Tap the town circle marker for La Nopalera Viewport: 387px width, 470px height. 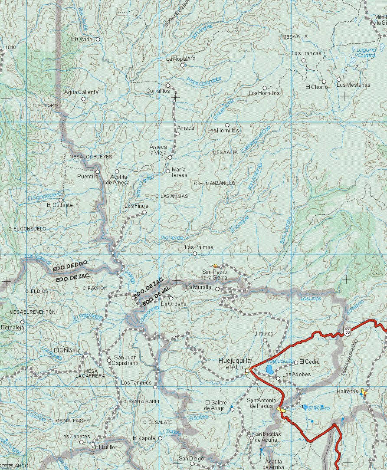click(x=183, y=66)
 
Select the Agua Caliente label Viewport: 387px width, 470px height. click(x=81, y=92)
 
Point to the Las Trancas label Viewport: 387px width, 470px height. click(x=306, y=53)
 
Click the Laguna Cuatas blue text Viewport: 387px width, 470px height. click(x=366, y=53)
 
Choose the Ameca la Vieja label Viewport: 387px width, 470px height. click(x=158, y=150)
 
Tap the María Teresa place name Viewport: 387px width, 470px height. click(x=179, y=172)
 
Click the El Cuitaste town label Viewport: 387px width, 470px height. click(x=60, y=205)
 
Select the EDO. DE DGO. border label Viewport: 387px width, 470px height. click(x=71, y=266)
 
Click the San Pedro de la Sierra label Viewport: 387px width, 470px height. click(x=214, y=275)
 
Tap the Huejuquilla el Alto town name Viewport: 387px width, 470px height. click(x=235, y=364)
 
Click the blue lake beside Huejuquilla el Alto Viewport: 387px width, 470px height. click(x=269, y=370)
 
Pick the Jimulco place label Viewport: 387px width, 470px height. click(x=264, y=334)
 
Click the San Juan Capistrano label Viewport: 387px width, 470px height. click(x=125, y=360)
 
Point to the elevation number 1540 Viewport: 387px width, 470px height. click(x=11, y=47)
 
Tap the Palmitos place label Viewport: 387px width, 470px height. click(x=347, y=391)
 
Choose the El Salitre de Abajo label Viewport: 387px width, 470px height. click(x=215, y=405)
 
